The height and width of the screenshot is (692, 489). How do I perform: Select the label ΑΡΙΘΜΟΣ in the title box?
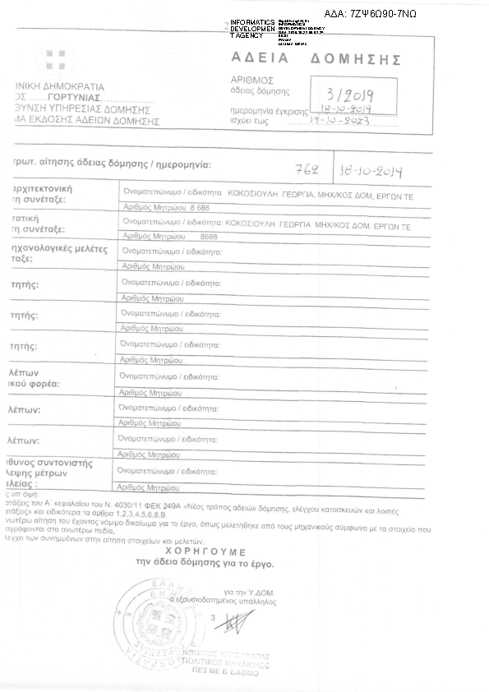click(252, 81)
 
